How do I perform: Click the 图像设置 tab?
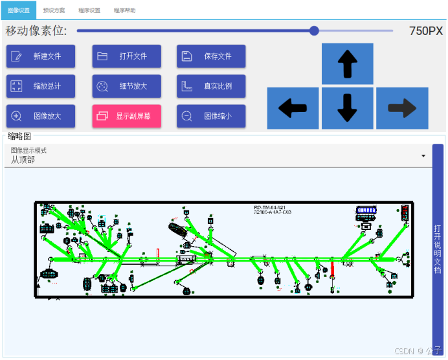click(18, 10)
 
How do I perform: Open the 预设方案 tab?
click(54, 10)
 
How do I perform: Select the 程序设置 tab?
click(89, 10)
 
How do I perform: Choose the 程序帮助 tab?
click(125, 10)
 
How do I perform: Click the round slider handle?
click(314, 30)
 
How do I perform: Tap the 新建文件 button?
click(41, 56)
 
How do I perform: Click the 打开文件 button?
click(126, 56)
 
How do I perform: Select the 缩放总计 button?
click(41, 86)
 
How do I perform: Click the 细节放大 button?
click(126, 86)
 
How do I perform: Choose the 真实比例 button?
click(211, 86)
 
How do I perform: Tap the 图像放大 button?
click(41, 117)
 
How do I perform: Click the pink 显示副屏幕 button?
click(126, 117)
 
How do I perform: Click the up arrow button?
click(348, 64)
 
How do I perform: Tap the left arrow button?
click(293, 108)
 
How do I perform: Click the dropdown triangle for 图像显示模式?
click(423, 156)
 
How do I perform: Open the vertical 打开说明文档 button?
click(438, 249)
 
